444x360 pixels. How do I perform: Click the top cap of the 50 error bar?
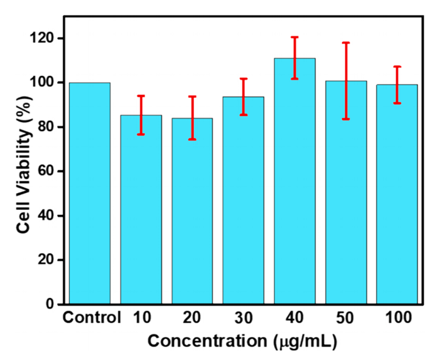click(x=346, y=43)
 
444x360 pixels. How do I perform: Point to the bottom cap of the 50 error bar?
click(x=346, y=119)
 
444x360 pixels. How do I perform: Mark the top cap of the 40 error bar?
click(x=295, y=37)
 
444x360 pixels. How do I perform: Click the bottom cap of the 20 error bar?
click(x=192, y=139)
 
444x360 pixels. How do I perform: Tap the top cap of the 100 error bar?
click(x=397, y=67)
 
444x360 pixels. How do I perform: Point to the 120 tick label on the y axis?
click(x=44, y=38)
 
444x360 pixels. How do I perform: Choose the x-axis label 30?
click(x=243, y=319)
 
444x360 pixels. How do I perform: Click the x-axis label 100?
click(x=398, y=319)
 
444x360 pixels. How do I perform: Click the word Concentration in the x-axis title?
click(x=208, y=341)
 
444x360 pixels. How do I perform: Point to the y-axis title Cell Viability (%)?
click(x=25, y=171)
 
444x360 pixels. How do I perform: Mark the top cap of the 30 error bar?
click(x=244, y=79)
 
